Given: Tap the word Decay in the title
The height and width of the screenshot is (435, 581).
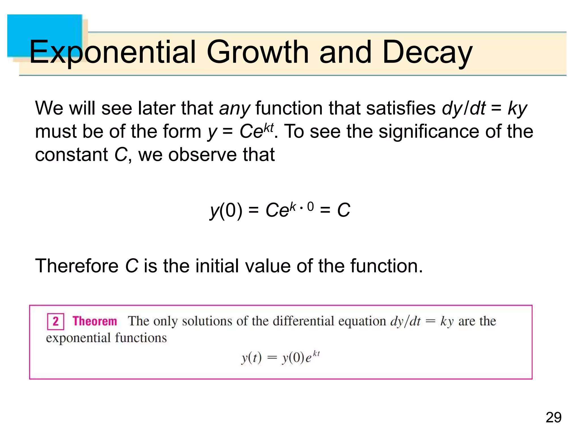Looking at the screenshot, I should [427, 52].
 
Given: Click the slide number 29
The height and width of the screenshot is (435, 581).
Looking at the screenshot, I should [553, 417].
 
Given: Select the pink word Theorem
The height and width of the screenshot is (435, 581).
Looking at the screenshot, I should [95, 321].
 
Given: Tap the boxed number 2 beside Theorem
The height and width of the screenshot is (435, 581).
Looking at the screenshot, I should [56, 321].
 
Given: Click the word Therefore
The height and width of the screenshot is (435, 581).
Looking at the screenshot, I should [77, 266].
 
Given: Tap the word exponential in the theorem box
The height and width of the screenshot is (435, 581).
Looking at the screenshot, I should [78, 338].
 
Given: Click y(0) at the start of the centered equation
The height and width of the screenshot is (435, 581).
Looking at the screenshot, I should [226, 210].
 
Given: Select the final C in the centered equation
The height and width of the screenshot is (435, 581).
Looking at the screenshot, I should [344, 210].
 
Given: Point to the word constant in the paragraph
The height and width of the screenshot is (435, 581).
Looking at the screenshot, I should [71, 155].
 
